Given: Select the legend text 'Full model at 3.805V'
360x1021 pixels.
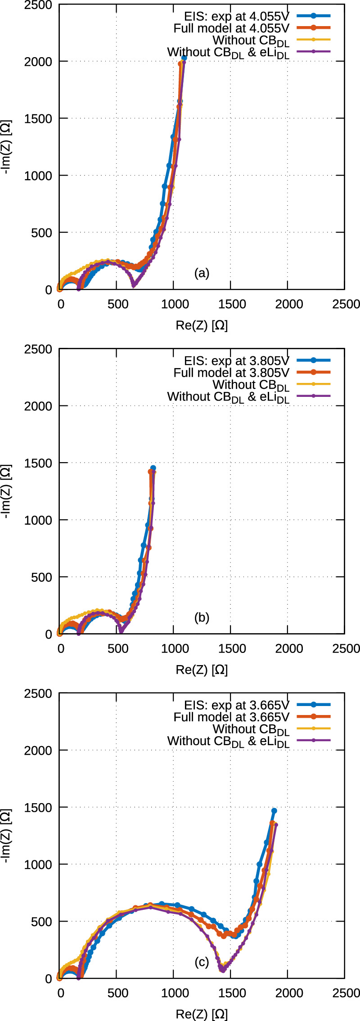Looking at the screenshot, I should coord(231,373).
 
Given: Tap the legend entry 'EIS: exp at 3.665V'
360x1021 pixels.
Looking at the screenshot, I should coord(236,705).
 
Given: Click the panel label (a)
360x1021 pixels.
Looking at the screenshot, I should coord(202,273).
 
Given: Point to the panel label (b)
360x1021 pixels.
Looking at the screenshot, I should coord(202,617).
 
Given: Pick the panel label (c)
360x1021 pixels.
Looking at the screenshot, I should coord(202,962).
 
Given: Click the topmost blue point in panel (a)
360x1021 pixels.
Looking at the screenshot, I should coord(184,58).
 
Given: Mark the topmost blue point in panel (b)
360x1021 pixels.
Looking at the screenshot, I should coord(153,468).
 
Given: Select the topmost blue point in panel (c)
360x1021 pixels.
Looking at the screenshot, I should coord(274,811).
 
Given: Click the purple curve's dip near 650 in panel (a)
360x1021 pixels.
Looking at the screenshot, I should coord(134,285).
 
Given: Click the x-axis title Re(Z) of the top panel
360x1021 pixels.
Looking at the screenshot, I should coord(202,325).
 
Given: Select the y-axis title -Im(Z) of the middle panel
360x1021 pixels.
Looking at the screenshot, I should coord(7,491).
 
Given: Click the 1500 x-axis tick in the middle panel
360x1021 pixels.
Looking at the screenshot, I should coord(232,648).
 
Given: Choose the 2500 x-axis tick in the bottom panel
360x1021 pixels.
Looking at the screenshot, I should coord(346,993).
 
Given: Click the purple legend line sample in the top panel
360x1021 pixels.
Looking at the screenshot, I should coord(314,52).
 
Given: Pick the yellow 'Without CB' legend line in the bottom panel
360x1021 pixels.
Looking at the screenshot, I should coord(314,729).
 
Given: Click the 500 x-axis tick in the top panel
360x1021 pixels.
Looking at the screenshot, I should coord(117,304).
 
